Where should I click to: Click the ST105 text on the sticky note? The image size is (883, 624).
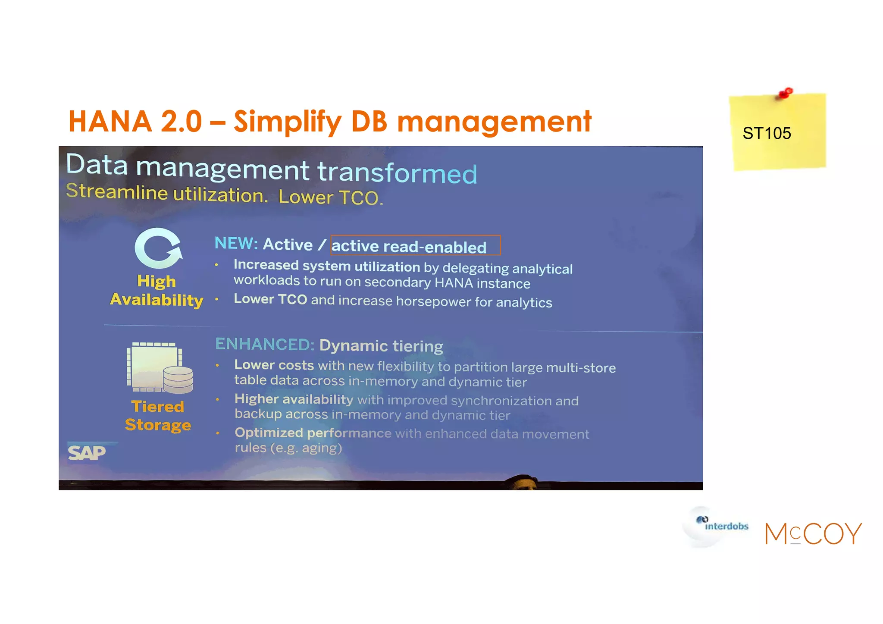pos(767,133)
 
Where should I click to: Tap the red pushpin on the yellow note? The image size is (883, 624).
pos(786,93)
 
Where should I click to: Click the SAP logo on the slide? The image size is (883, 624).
pos(87,452)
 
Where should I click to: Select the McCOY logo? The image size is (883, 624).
pos(813,533)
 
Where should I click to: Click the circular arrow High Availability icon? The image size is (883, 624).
pos(158,248)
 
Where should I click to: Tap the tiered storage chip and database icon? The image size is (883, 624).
pos(160,367)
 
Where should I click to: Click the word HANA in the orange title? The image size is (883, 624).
pos(110,121)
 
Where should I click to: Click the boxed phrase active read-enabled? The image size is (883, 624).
pos(415,246)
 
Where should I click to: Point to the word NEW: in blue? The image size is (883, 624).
pos(236,243)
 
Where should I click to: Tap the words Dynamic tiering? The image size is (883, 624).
pos(381,346)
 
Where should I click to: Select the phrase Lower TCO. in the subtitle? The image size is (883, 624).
pos(330,197)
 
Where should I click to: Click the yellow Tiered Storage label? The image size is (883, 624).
pos(158,416)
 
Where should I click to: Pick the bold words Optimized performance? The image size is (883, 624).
pos(313,433)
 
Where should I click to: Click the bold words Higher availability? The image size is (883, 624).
pos(294,399)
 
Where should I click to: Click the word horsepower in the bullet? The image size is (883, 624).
pos(433,301)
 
